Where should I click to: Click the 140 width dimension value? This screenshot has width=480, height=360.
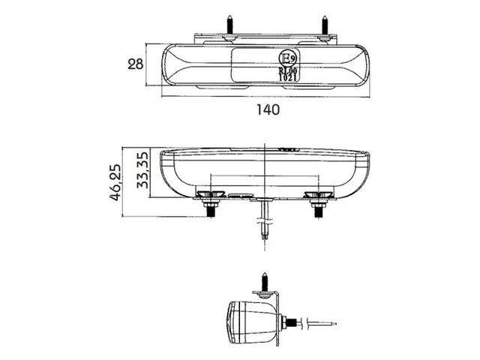[x=268, y=109]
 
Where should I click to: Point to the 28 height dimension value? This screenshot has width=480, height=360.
[x=135, y=64]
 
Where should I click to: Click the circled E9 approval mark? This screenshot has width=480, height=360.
[x=286, y=58]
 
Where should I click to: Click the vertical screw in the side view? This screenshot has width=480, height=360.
[x=265, y=283]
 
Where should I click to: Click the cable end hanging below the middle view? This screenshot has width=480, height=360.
[x=265, y=238]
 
